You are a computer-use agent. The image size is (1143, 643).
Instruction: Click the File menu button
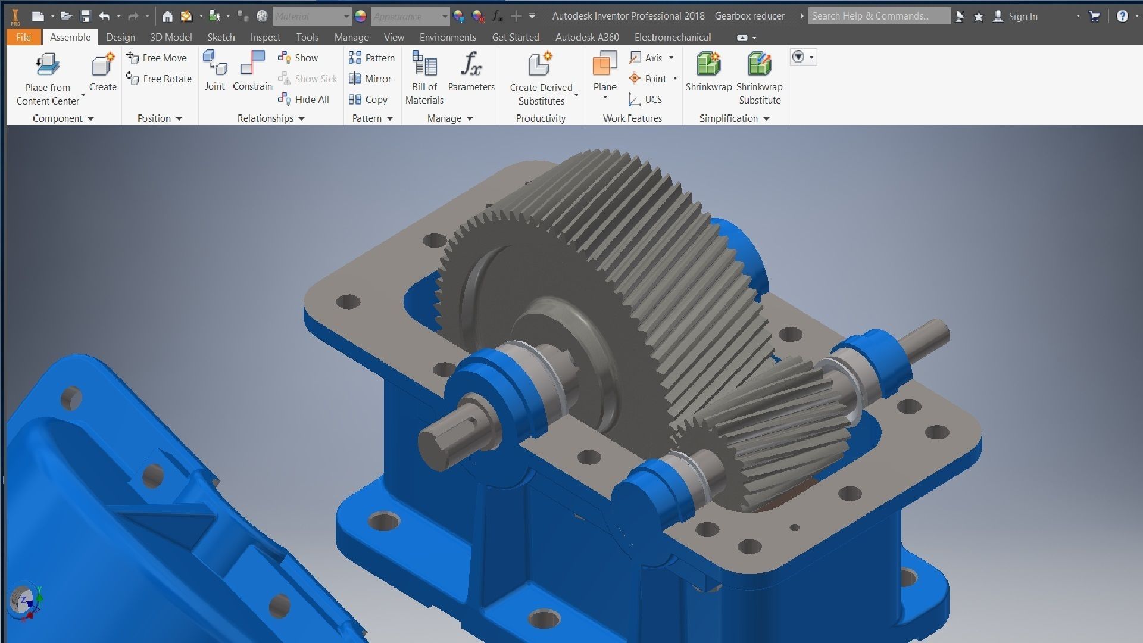tap(23, 37)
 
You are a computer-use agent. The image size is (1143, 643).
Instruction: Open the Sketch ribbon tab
tap(221, 37)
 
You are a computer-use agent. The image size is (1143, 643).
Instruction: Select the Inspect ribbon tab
tap(265, 37)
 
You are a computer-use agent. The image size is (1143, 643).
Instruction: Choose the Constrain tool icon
tap(252, 63)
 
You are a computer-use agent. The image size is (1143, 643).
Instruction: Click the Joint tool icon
tap(215, 63)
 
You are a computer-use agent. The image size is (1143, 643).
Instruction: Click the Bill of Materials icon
tap(424, 64)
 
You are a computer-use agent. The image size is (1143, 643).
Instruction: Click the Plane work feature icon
tap(605, 63)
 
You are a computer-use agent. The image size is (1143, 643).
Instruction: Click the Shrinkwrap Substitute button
tap(759, 64)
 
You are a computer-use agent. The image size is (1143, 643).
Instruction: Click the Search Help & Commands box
tap(879, 16)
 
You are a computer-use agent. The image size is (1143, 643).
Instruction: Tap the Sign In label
tap(1023, 17)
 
